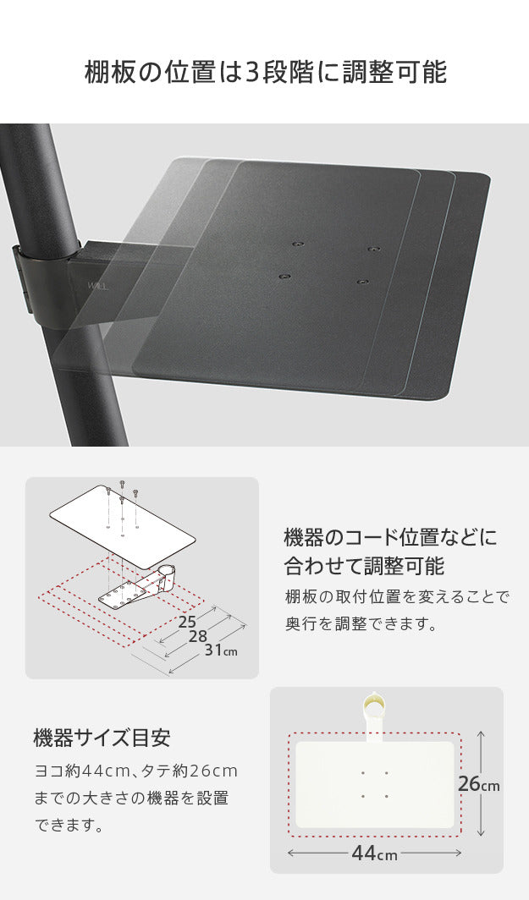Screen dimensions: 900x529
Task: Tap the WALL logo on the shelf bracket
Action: click(x=98, y=285)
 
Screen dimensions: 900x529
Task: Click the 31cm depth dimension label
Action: click(x=220, y=650)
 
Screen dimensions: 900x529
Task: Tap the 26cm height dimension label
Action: click(x=478, y=784)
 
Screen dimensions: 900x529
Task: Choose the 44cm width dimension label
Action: click(x=374, y=853)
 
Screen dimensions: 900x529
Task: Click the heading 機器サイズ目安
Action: click(x=102, y=738)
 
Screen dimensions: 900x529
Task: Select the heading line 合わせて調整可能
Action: click(x=365, y=564)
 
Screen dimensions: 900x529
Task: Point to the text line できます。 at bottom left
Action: click(x=69, y=825)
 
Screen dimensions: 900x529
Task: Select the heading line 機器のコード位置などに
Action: click(x=390, y=536)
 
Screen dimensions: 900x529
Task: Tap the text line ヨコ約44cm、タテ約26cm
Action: click(x=135, y=771)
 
